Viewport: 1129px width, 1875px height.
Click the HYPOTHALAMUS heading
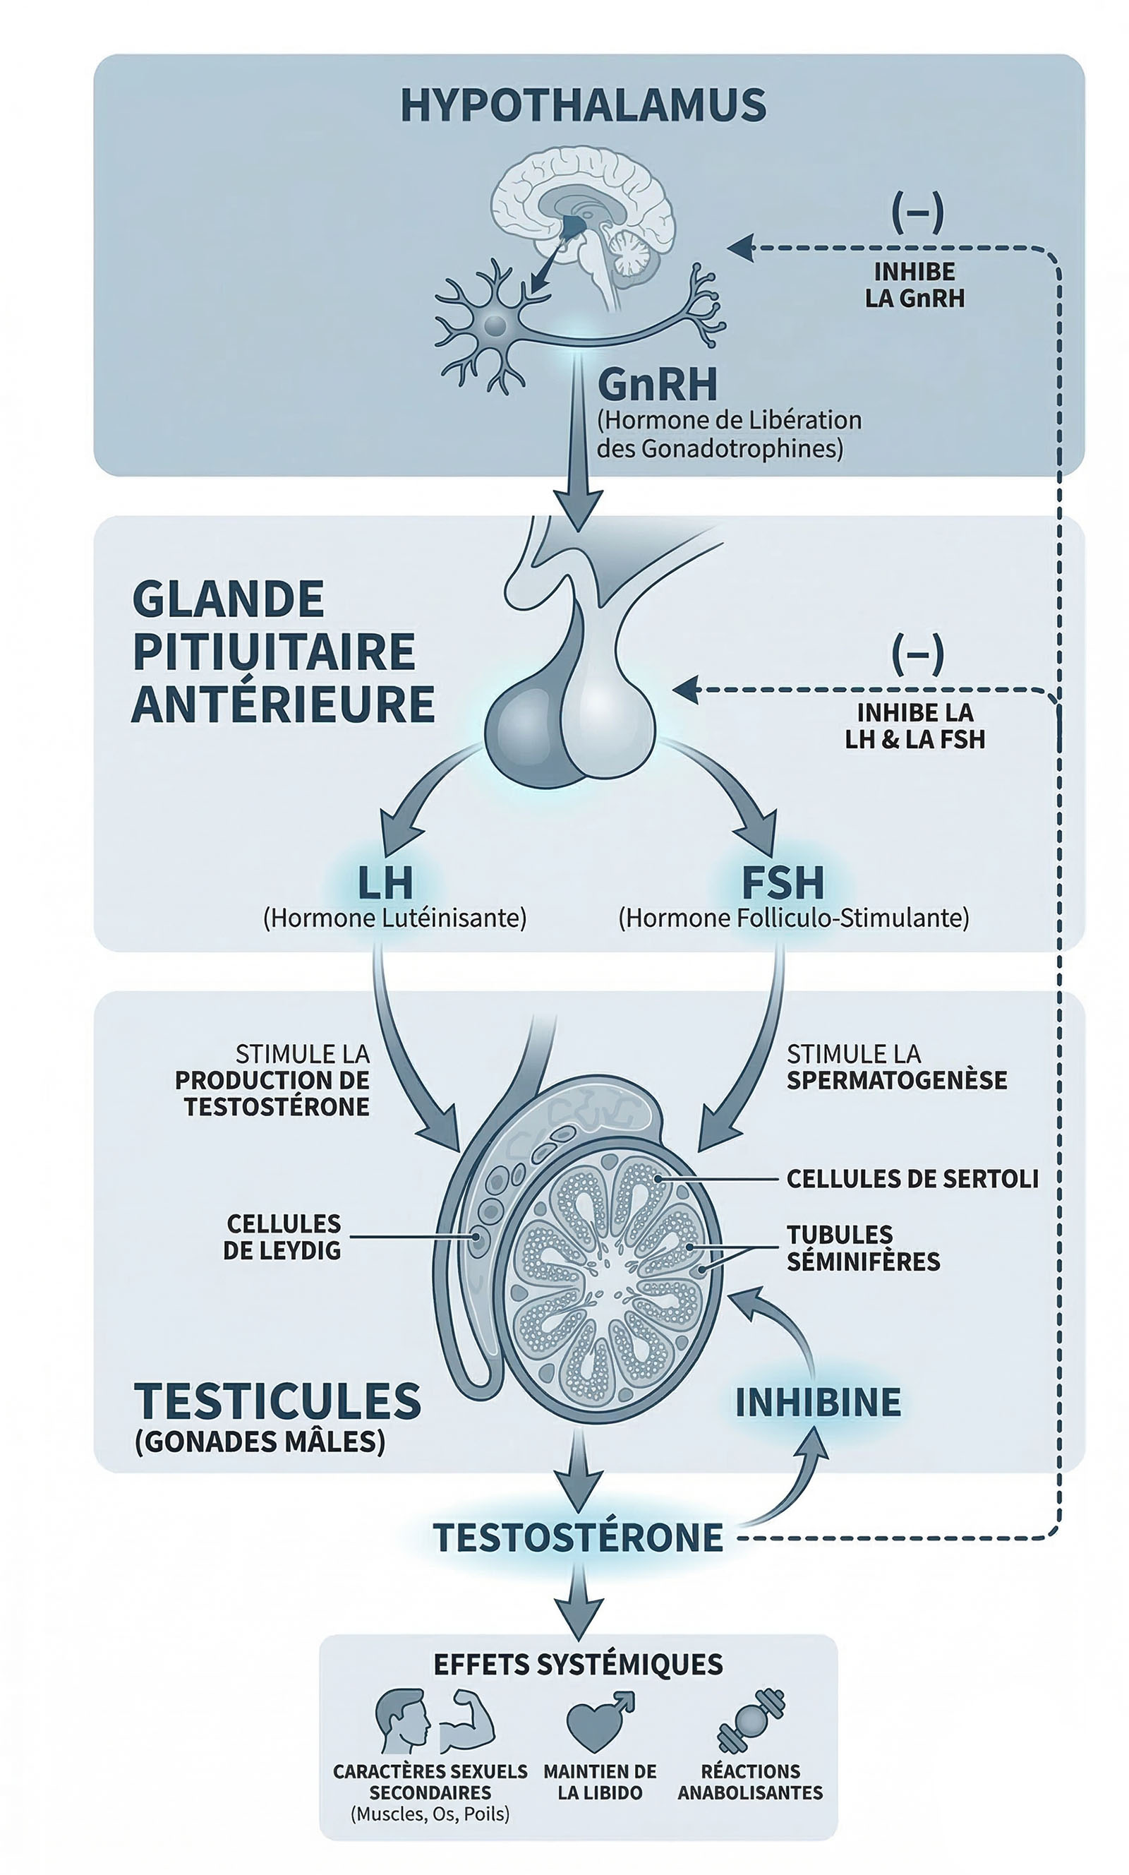point(583,105)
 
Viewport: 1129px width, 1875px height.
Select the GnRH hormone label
point(658,384)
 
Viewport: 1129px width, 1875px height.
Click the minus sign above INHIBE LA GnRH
point(917,212)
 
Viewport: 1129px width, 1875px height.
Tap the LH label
point(385,882)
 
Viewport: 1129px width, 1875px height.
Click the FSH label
point(782,882)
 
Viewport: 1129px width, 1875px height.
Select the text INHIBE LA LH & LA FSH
point(914,726)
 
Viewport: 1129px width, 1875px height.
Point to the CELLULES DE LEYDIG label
point(282,1237)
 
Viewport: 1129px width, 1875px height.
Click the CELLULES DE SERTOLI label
point(912,1179)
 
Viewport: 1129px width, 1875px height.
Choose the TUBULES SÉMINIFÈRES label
point(863,1248)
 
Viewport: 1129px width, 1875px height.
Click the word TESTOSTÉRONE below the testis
point(578,1538)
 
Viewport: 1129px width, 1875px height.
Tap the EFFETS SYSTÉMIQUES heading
point(578,1664)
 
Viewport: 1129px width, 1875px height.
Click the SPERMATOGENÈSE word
point(896,1080)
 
